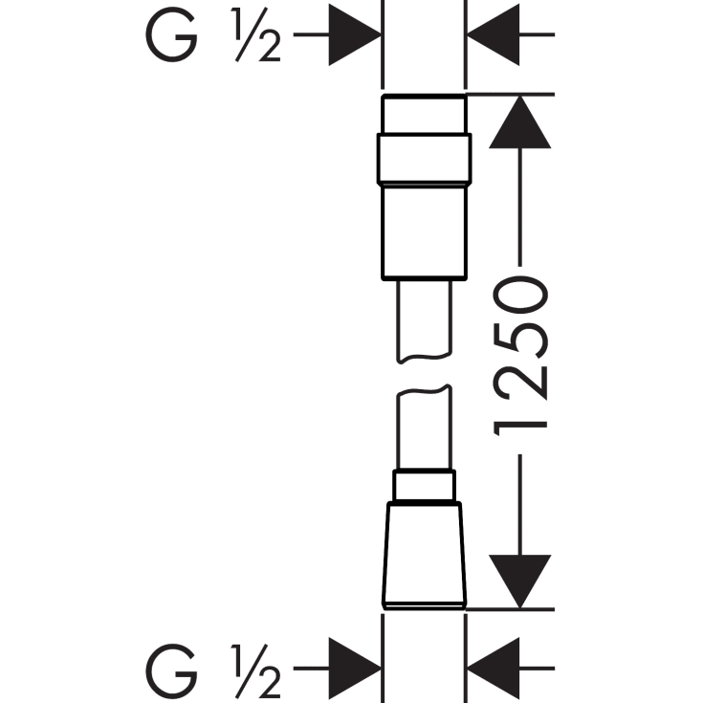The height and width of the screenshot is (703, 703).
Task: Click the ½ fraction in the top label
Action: point(256,34)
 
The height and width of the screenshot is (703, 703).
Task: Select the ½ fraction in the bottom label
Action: point(256,670)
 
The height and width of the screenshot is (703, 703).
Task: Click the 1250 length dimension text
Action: point(520,357)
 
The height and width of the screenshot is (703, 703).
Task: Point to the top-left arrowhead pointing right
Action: point(355,34)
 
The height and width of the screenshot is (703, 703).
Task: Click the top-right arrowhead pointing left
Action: point(494,34)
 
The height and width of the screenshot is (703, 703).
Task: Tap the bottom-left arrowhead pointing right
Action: point(355,668)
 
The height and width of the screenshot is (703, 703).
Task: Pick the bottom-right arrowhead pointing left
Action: point(494,668)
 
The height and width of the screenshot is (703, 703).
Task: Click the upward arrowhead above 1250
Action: point(520,122)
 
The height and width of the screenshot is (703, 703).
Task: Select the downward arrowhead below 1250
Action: point(520,582)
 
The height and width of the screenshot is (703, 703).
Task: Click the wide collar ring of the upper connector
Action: point(424,159)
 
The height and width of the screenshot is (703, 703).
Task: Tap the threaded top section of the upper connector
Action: point(424,115)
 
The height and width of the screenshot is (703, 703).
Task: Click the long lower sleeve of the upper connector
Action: point(424,232)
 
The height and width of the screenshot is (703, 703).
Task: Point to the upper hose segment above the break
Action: point(424,321)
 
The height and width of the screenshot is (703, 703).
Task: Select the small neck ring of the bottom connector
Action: point(424,485)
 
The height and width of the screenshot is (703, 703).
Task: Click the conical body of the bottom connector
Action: point(424,555)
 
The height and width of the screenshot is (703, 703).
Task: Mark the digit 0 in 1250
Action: point(520,295)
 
